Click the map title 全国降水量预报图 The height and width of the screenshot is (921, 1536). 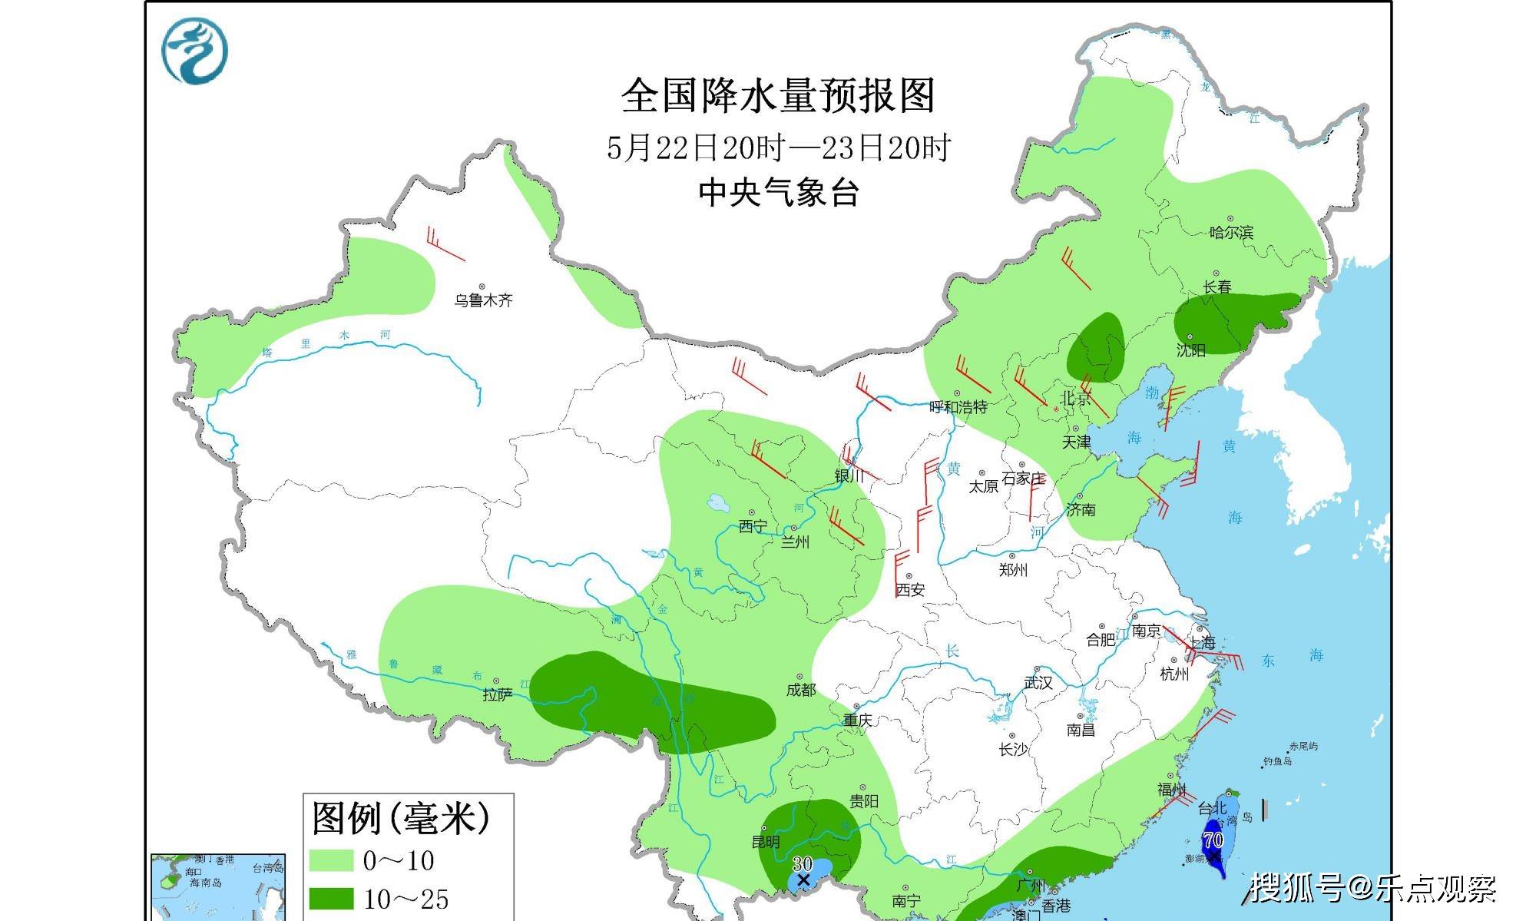(x=777, y=96)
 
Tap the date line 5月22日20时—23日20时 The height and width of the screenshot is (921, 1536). (x=778, y=147)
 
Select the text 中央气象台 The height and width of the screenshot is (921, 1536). (x=778, y=192)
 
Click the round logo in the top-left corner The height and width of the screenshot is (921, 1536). (x=194, y=51)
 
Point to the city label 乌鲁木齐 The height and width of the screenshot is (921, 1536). (x=482, y=300)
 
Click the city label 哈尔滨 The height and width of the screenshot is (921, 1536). (x=1231, y=232)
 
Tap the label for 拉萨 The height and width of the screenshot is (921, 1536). (x=497, y=694)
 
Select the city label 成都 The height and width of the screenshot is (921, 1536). (x=800, y=690)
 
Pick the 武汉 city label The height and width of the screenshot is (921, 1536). (x=1038, y=682)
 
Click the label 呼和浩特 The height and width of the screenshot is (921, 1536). (x=958, y=406)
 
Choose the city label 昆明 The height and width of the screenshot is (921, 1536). (x=766, y=842)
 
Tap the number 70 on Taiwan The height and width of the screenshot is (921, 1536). (x=1213, y=840)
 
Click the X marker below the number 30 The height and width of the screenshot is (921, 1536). (x=803, y=880)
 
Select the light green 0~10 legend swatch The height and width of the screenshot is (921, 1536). (x=331, y=860)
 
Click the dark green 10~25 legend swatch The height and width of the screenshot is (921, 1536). (x=331, y=898)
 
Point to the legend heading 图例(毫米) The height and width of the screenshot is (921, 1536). (x=400, y=817)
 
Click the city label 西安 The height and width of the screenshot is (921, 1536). (x=910, y=589)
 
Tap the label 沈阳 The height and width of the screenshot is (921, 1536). (x=1191, y=350)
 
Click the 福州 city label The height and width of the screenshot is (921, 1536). (x=1171, y=790)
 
